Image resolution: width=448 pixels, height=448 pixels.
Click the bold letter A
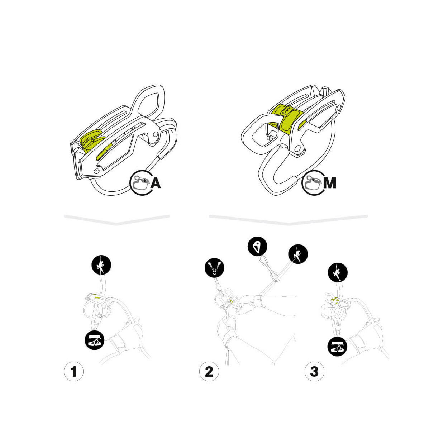pos(156,183)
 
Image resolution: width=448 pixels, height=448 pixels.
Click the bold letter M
pos(329,183)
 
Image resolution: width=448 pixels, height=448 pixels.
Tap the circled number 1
pos(73,371)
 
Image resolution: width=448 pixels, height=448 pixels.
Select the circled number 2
pos(209,371)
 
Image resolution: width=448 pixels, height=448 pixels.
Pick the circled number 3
pos(314,371)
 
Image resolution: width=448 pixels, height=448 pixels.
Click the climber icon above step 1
pos(101,265)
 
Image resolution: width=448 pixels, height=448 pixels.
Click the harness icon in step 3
pos(337,347)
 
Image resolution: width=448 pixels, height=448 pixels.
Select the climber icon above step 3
pos(338,272)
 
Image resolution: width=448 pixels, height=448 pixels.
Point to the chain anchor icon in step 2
pos(214,268)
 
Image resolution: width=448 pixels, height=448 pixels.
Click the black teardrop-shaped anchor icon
pos(257,247)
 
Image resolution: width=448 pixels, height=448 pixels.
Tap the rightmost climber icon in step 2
pos(298,254)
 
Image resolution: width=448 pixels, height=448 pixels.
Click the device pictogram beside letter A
pos(140,183)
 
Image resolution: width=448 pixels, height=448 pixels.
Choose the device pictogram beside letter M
pos(312,183)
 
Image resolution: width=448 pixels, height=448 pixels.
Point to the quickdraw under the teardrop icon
pos(268,267)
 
